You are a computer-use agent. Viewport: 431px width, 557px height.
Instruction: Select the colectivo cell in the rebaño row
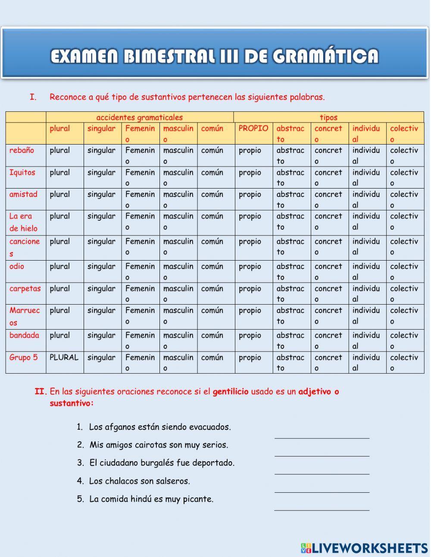[x=404, y=155]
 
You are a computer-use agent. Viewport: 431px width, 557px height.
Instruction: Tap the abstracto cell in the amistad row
[x=290, y=199]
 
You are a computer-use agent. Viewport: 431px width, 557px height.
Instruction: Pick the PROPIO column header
[x=253, y=129]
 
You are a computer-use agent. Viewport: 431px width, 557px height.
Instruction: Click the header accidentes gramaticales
[x=139, y=117]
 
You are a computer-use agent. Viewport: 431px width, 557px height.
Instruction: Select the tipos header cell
[x=328, y=117]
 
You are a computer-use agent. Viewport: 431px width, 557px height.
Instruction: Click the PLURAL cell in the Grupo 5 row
[x=64, y=358]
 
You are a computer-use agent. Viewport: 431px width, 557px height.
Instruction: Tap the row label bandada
[x=24, y=335]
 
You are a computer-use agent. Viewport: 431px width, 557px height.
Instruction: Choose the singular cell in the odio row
[x=102, y=267]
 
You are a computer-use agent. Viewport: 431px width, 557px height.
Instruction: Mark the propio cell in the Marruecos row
[x=250, y=311]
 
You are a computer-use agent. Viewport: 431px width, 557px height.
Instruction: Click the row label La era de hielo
[x=23, y=222]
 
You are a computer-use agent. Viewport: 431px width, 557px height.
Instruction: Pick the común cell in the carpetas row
[x=212, y=289]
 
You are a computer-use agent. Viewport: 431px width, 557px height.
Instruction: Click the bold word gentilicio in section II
[x=231, y=392]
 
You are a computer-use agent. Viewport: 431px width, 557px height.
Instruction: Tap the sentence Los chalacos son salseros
[x=139, y=481]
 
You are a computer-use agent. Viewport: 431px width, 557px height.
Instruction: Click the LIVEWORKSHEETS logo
[x=364, y=548]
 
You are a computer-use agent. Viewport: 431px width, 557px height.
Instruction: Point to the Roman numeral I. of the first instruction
[x=33, y=97]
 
